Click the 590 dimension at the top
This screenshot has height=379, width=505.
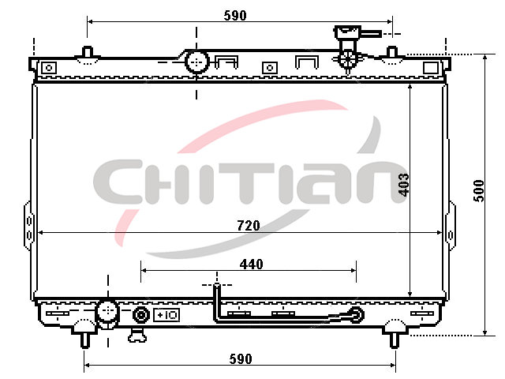(235, 15)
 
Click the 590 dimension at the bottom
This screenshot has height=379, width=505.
(241, 358)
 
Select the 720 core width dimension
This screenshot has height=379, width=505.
(249, 225)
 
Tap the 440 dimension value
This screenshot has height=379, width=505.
(251, 265)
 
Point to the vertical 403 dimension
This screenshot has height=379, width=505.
(403, 185)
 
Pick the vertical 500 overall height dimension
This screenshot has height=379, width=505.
(479, 191)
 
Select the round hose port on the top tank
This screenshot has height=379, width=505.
(196, 62)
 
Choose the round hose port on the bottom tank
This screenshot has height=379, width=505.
(108, 312)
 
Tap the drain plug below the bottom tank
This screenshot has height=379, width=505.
(137, 335)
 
